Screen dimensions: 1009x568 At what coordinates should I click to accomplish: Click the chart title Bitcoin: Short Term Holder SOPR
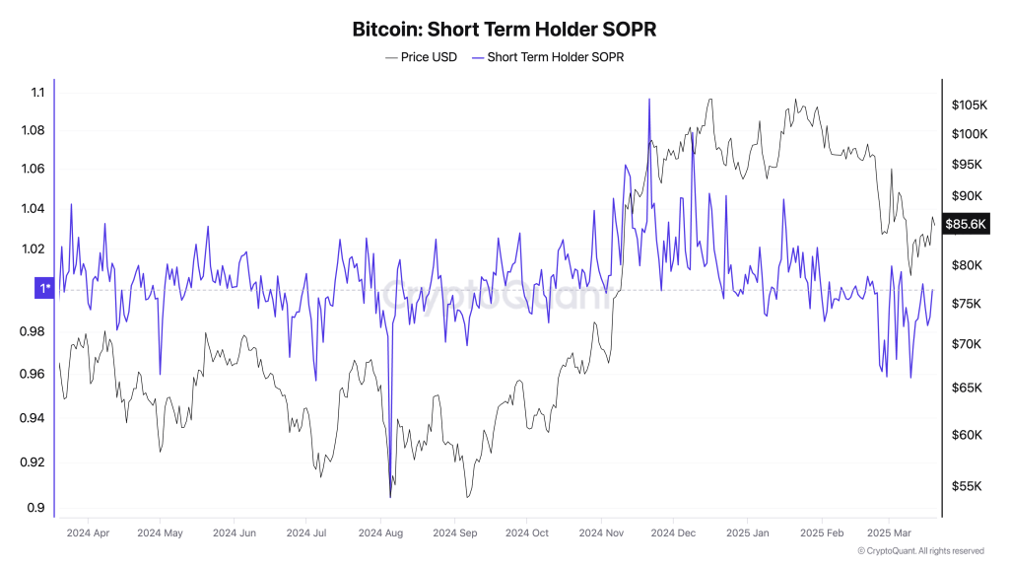504,29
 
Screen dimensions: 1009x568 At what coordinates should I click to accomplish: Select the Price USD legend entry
421,57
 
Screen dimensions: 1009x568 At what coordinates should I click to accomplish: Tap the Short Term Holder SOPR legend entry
548,57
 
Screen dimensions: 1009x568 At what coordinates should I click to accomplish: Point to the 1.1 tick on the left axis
38,92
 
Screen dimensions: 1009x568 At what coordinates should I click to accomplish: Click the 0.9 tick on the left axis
36,508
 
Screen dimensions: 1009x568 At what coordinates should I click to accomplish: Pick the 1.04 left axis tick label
33,208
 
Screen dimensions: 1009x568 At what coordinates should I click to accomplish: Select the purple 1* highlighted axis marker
43,289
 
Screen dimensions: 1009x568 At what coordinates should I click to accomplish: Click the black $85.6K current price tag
966,224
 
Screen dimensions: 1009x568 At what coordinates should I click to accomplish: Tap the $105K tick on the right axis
970,105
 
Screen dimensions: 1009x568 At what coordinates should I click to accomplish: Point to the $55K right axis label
967,486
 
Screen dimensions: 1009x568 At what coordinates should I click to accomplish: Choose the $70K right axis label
967,344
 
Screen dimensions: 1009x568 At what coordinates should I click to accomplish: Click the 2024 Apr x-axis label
88,533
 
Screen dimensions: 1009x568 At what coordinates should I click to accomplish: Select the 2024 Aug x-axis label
380,533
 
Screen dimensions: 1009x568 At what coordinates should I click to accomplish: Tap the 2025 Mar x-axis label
889,533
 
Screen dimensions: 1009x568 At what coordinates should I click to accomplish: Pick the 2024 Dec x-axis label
673,533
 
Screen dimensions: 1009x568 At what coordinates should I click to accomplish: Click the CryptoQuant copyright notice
921,551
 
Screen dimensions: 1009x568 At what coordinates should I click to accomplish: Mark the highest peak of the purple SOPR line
649,100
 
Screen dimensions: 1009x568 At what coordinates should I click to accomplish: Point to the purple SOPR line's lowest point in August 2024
390,497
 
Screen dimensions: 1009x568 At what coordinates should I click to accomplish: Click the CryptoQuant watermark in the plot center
496,295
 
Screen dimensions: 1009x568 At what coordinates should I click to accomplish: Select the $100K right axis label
970,134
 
